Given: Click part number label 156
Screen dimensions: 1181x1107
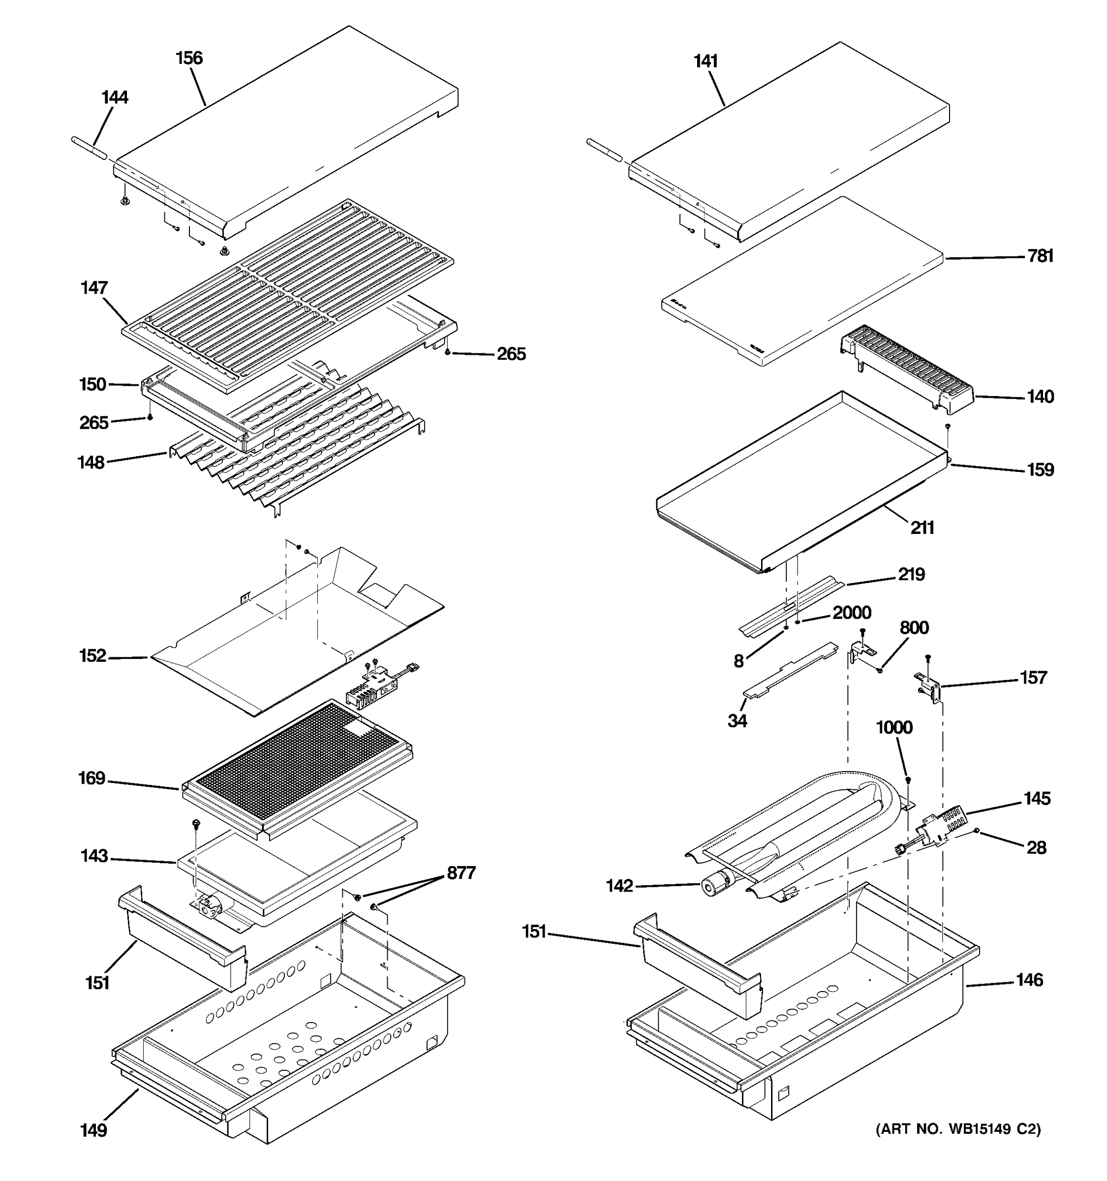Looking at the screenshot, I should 189,58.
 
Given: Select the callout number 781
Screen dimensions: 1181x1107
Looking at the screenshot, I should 1041,256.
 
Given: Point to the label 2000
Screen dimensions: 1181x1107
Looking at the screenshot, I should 852,613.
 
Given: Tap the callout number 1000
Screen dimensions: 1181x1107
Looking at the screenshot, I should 894,727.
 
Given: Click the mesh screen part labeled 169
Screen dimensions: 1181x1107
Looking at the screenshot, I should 297,766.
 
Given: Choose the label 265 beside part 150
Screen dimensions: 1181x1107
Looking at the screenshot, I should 94,423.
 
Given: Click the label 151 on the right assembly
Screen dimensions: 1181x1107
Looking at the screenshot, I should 534,932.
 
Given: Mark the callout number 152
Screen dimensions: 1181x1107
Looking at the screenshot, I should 92,656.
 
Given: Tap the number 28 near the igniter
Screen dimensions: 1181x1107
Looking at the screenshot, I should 1036,848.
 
